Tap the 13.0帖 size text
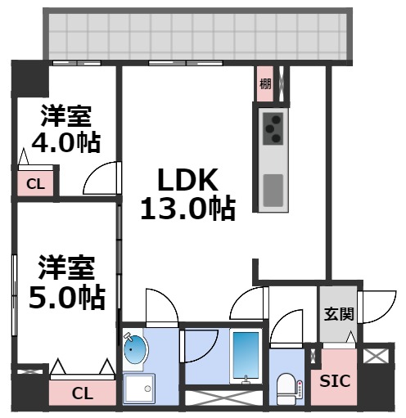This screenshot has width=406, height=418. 187,209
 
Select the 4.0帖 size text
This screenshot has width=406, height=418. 65,142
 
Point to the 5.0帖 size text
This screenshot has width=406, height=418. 67,295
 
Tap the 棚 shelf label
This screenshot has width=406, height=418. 265,83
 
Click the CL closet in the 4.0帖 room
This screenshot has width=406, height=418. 35,184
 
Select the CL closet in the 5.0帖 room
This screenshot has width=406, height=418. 82,393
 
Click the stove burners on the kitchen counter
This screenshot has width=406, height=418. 273,127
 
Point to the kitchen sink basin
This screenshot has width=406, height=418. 273,191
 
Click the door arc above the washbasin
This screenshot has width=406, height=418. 160,307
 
